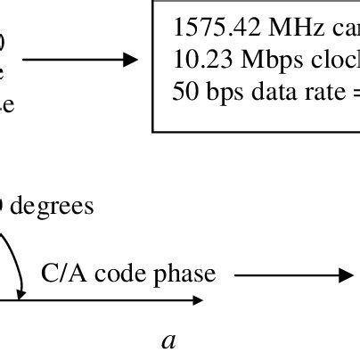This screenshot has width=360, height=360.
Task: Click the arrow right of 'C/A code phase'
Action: pyautogui.click(x=284, y=274)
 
